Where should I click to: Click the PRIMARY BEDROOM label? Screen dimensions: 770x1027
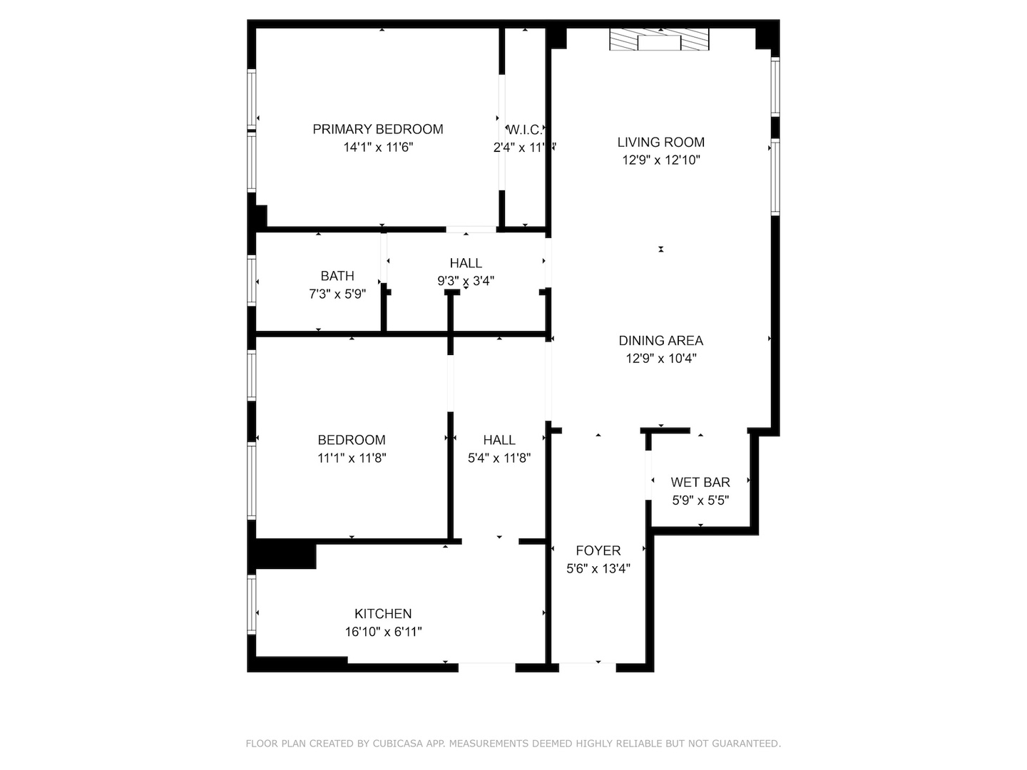[378, 129]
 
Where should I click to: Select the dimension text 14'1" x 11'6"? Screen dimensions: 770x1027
[378, 148]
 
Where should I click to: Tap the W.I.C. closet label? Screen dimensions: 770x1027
[525, 130]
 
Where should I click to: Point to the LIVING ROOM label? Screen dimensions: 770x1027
[660, 142]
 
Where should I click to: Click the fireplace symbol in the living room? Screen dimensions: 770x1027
[660, 40]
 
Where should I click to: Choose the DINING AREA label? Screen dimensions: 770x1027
[660, 341]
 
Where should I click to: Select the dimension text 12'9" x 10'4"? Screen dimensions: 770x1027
[660, 359]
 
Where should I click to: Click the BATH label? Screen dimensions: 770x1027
[337, 276]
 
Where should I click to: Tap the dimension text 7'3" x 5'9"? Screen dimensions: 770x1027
[337, 294]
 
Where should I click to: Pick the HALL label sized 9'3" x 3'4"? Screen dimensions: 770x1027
[466, 263]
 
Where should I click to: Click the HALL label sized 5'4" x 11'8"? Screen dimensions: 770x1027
[499, 440]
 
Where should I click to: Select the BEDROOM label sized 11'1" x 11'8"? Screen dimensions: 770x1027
[352, 440]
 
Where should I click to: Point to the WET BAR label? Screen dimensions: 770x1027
[700, 483]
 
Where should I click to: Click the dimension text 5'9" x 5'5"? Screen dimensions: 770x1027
[700, 500]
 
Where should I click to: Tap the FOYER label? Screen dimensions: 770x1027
[598, 550]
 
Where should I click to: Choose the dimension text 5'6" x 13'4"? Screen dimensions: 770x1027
[598, 568]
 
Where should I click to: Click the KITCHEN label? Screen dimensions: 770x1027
[383, 614]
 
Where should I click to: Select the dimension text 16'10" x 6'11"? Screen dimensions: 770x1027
[383, 632]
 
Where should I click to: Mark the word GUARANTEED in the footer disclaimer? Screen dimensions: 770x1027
[744, 744]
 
